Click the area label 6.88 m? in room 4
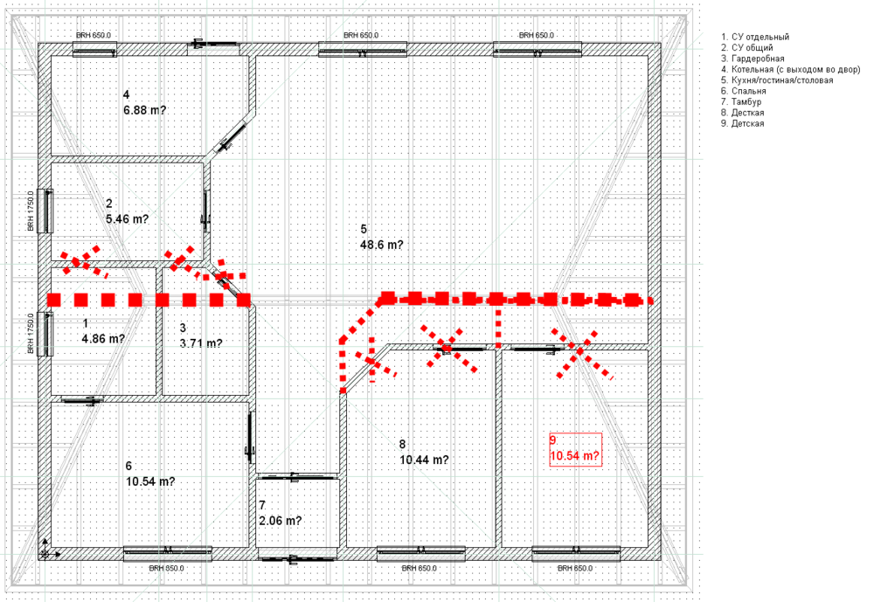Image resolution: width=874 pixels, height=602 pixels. pyautogui.click(x=144, y=110)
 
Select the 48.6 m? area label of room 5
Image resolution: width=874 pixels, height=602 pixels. pyautogui.click(x=381, y=246)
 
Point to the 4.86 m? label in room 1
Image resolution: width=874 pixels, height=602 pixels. pyautogui.click(x=102, y=338)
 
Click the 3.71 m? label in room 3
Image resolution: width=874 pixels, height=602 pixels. pyautogui.click(x=200, y=343)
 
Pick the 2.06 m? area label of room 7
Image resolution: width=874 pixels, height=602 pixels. pyautogui.click(x=280, y=521)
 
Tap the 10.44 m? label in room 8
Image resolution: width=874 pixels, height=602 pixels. pyautogui.click(x=424, y=460)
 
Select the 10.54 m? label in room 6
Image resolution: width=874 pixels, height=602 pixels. pyautogui.click(x=150, y=481)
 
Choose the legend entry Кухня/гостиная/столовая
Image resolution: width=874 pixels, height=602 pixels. pyautogui.click(x=777, y=80)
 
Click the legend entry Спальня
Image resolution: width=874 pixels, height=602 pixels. pyautogui.click(x=744, y=91)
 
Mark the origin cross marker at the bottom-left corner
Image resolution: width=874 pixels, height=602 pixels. pyautogui.click(x=45, y=552)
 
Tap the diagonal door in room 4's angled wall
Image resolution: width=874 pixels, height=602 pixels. pyautogui.click(x=231, y=134)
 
